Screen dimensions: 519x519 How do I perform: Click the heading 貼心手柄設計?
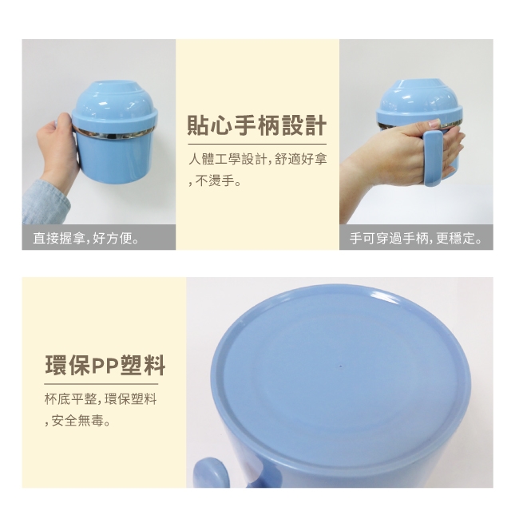(257, 125)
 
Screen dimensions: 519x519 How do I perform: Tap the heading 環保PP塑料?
(105, 365)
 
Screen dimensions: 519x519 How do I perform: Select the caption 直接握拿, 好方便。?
(86, 238)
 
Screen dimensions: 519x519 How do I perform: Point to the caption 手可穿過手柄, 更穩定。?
(416, 238)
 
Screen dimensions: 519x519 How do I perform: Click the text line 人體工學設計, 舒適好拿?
(258, 159)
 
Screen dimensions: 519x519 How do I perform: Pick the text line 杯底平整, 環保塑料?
(101, 399)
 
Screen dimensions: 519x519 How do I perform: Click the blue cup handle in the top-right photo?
(433, 158)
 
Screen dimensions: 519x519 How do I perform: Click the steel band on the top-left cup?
(114, 133)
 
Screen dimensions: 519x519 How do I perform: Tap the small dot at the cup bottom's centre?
(341, 366)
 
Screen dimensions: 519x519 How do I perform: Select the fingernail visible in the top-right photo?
(434, 124)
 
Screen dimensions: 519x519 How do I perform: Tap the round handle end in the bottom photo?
(210, 473)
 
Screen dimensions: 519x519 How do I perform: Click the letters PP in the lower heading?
(105, 366)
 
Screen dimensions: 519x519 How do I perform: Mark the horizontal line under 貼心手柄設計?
(257, 145)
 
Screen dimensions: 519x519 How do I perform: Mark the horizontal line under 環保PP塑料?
(101, 384)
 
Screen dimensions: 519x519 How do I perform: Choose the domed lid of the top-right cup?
(418, 101)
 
